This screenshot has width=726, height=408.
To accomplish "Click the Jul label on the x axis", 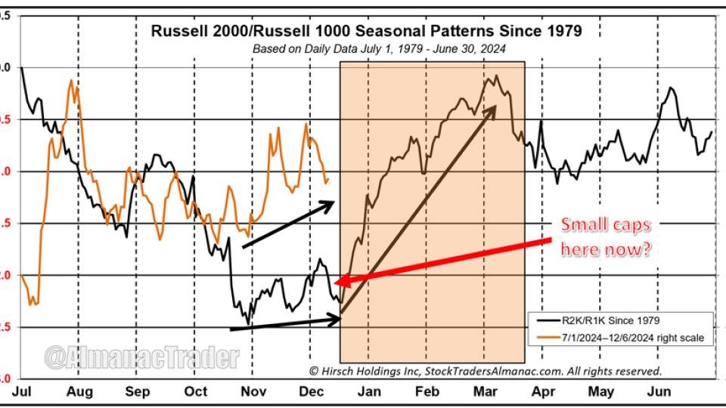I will point(21,391).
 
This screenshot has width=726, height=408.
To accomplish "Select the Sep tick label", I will point(137,391).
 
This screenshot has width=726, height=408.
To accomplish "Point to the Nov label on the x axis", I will point(253,391).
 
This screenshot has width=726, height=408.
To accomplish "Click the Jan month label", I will point(368,391).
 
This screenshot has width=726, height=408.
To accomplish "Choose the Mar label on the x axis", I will point(484,391).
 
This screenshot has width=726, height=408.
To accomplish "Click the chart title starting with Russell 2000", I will point(367,31).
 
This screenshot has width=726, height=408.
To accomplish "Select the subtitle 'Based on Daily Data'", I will point(378,49).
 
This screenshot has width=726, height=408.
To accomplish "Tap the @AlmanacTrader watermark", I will point(141,358).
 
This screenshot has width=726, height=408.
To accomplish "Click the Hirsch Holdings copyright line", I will point(485,371).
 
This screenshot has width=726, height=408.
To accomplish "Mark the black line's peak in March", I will point(496,76).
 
